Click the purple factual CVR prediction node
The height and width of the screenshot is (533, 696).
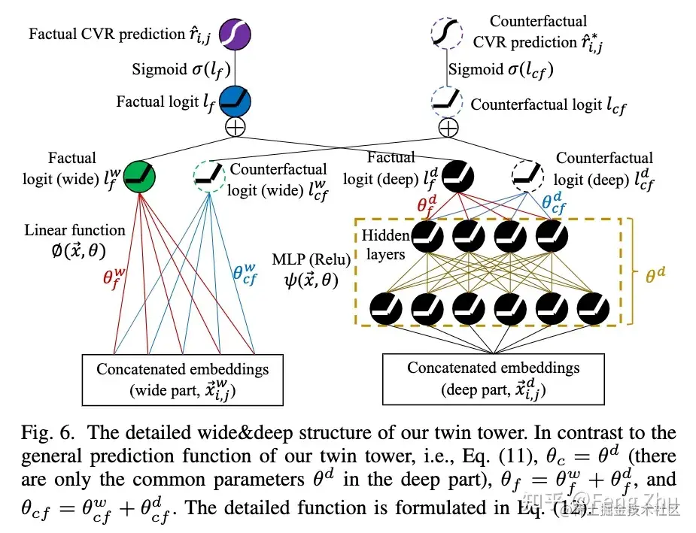tap(236, 34)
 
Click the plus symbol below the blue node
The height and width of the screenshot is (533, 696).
tap(236, 126)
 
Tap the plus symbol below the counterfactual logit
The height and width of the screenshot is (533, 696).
tap(448, 127)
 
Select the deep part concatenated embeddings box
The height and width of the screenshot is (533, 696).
tap(494, 378)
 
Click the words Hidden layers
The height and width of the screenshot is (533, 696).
tap(385, 244)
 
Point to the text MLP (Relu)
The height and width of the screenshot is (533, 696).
tap(313, 261)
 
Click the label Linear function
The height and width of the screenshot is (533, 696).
tap(74, 230)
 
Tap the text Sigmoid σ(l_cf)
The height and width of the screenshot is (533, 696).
tap(500, 69)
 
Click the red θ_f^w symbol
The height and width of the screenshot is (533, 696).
tap(114, 280)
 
